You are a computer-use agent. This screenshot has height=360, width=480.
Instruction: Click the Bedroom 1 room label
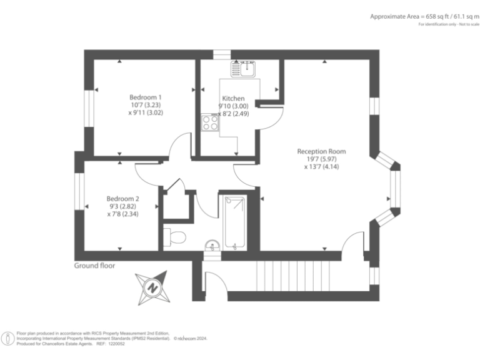coord(146,97)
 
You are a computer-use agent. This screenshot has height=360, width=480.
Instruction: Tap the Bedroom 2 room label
coord(122,198)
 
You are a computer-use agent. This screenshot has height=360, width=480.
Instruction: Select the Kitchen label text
coord(231,98)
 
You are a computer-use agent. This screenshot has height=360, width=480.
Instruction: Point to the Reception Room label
coord(321,151)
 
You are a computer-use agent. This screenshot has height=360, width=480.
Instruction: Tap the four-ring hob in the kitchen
coord(209,123)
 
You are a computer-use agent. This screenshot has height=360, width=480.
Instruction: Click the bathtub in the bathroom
coord(235,222)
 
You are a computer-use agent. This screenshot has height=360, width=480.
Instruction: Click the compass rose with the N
coord(152,287)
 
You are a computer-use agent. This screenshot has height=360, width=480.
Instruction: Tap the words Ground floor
coord(94,265)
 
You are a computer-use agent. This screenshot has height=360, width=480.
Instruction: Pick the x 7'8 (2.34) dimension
coord(122,214)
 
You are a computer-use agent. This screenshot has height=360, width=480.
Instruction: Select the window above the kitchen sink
coord(221,54)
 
